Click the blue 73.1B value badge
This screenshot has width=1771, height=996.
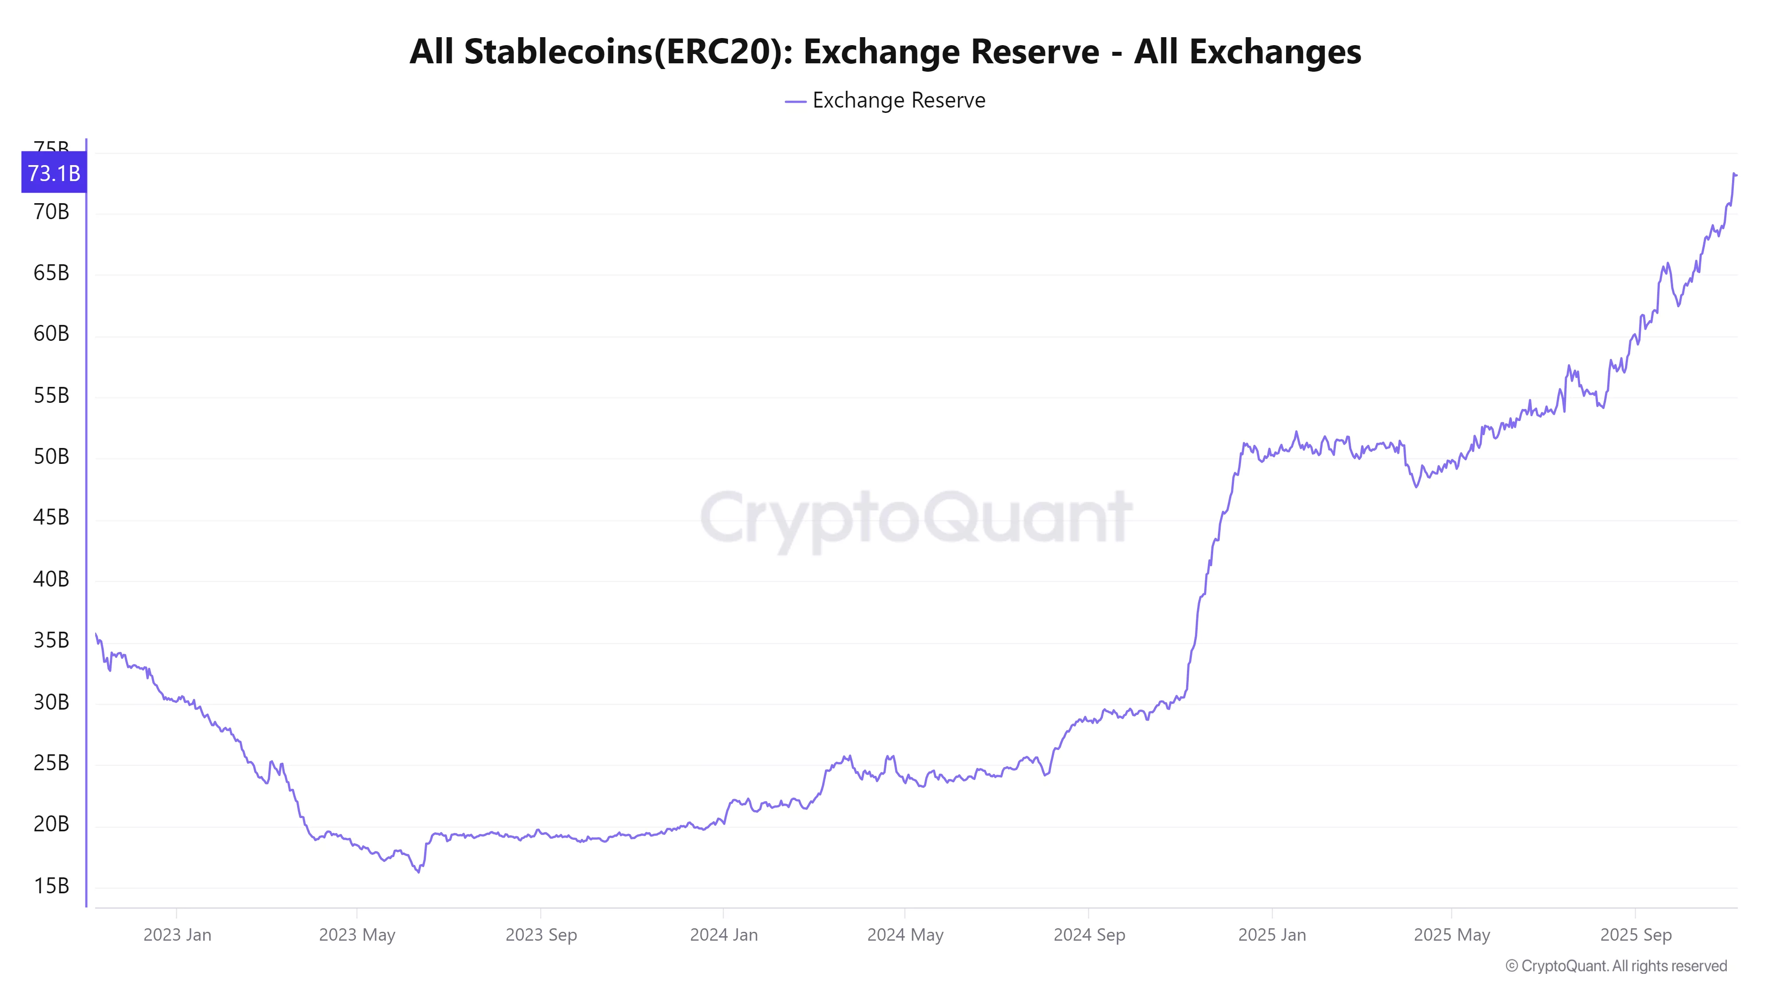(x=54, y=173)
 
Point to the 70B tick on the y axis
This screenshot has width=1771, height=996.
(x=51, y=212)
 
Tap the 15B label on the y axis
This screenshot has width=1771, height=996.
(x=51, y=885)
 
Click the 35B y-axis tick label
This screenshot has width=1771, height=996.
(x=51, y=640)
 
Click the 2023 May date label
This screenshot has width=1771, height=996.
(x=357, y=935)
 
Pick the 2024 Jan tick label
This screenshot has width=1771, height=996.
(x=723, y=935)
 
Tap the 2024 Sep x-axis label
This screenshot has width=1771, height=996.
(x=1089, y=935)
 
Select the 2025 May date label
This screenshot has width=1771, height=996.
(x=1451, y=935)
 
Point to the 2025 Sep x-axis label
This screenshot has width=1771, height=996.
(x=1635, y=935)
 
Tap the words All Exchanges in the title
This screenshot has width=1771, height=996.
(x=1247, y=51)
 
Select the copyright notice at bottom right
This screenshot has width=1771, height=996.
(x=1616, y=966)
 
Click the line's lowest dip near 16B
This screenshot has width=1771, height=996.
(x=418, y=872)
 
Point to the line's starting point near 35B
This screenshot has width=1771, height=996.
(x=96, y=634)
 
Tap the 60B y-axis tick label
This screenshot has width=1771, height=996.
(x=51, y=334)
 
